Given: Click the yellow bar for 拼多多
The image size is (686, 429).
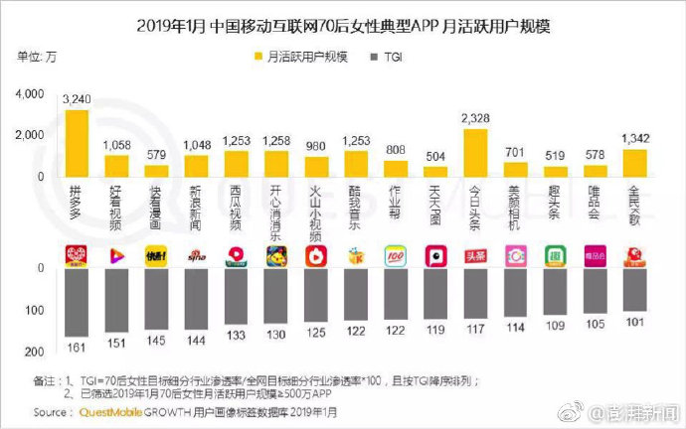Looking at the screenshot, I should tap(77, 143).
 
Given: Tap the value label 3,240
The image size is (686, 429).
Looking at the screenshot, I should tap(77, 100).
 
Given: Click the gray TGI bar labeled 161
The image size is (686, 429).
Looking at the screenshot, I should tap(77, 302).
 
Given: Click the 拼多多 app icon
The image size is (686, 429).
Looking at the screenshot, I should tap(77, 256).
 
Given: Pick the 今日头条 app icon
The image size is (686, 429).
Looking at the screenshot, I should tap(476, 256).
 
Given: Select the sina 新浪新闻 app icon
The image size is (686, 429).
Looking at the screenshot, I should tap(196, 256).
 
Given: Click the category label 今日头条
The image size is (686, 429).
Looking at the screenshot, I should tap(476, 206).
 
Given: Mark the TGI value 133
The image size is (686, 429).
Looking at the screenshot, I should tap(237, 334).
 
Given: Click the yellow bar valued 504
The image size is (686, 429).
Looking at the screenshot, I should tap(435, 172).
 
